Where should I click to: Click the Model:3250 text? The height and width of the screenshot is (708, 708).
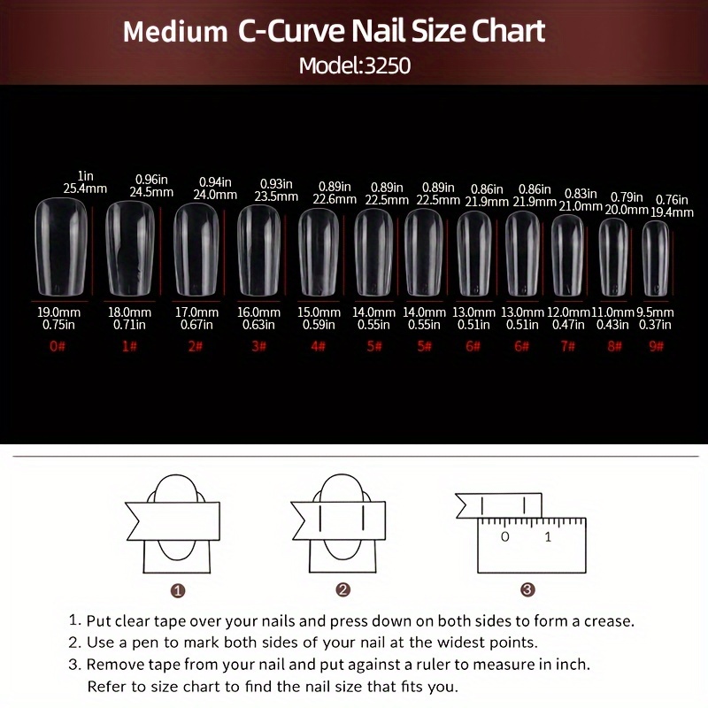354,65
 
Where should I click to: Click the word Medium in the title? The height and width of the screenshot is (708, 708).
174,33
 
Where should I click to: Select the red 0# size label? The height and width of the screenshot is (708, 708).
58,346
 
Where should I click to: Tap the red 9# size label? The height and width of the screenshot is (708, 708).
655,346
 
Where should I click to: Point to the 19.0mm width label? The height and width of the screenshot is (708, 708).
58,312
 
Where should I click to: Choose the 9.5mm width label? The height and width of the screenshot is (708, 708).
656,312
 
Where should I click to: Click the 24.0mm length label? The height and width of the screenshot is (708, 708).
216,195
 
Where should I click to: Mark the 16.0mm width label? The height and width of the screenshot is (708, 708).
258,312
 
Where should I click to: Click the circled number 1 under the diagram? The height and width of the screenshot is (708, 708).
177,589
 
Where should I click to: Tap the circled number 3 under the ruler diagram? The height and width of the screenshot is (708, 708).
527,589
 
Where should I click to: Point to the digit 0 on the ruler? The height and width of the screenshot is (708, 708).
504,537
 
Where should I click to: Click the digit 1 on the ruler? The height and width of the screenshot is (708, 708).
548,537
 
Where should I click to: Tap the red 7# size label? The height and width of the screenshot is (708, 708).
567,346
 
